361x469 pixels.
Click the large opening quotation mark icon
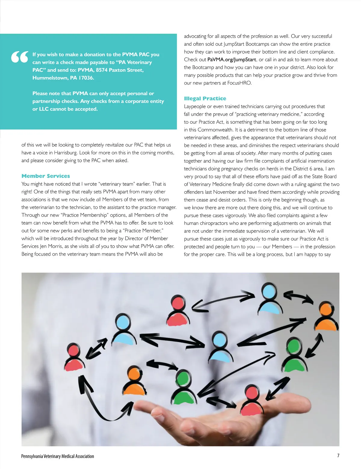tap(20, 57)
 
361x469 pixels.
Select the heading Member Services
tap(46, 176)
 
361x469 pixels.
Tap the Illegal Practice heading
tap(205, 98)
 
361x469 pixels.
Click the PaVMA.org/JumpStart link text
tap(232, 60)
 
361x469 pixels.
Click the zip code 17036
tap(86, 78)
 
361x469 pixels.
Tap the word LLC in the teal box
tap(44, 109)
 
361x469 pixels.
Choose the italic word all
tap(98, 200)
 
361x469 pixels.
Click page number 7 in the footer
tap(338, 456)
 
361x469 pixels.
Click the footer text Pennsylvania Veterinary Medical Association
tap(57, 456)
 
